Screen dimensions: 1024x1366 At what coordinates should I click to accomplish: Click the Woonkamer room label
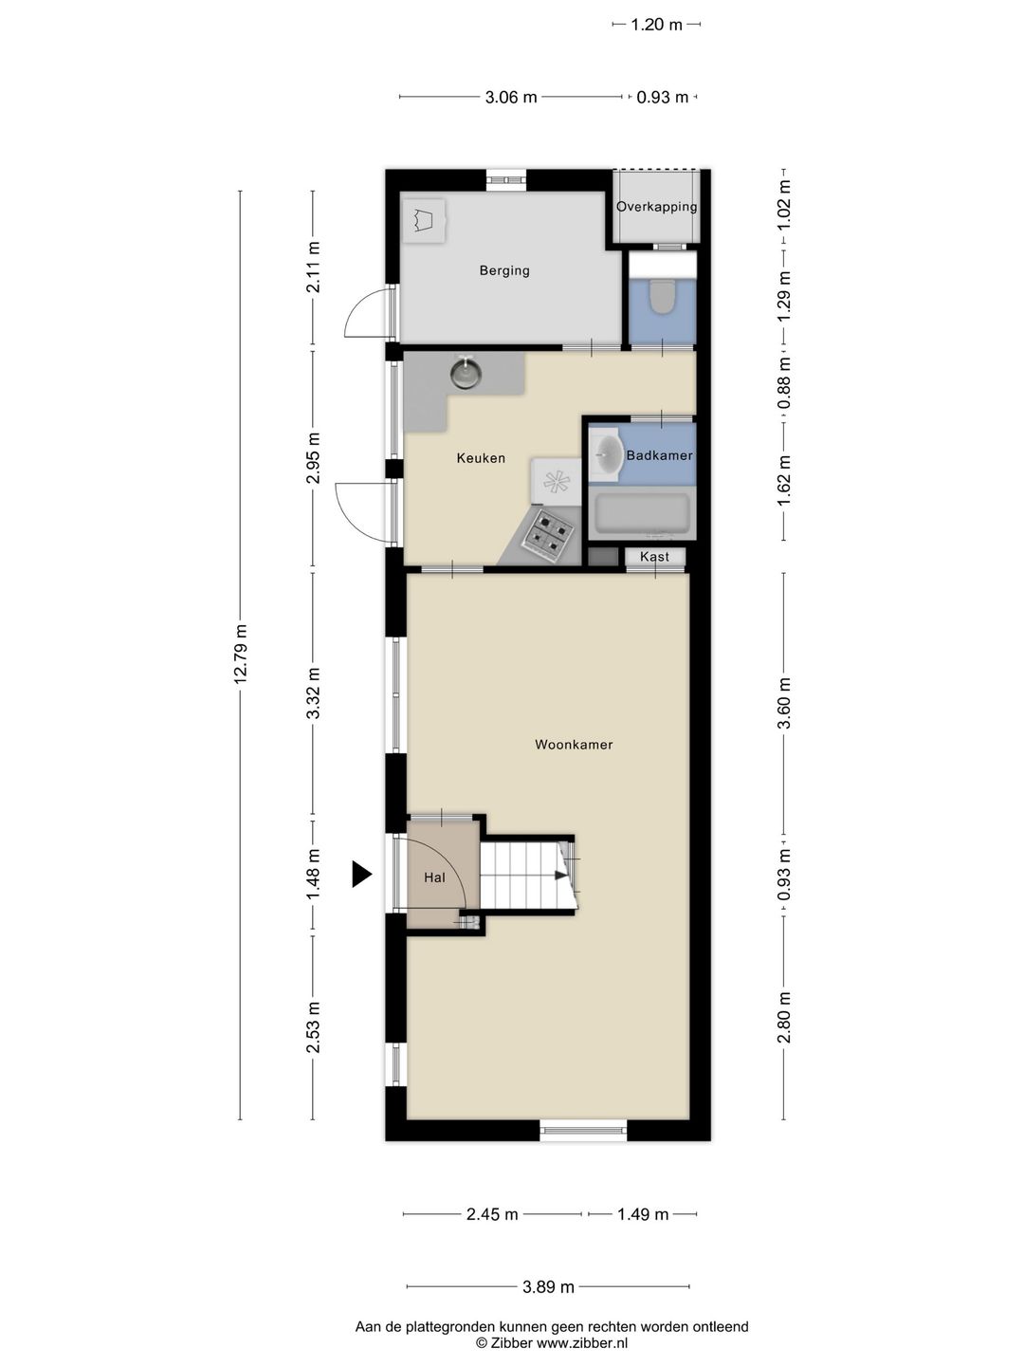point(574,745)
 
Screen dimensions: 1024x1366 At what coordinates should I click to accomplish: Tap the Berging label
point(504,270)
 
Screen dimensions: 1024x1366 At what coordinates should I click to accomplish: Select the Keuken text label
point(481,458)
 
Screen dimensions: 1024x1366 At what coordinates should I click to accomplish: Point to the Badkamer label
point(659,455)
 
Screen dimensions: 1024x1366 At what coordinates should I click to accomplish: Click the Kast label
point(654,556)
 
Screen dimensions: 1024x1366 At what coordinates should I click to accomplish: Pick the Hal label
point(434,877)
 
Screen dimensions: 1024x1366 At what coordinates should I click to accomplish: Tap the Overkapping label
point(656,207)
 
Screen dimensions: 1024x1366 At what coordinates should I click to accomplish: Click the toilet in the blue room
point(662,296)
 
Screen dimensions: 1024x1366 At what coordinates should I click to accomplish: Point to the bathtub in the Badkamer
point(642,514)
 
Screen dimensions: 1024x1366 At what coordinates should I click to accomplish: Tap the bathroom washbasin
point(605,454)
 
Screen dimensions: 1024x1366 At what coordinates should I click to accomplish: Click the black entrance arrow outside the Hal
point(361,874)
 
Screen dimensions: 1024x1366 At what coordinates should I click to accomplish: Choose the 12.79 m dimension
point(241,655)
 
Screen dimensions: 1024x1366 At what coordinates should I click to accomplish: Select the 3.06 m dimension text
point(511,97)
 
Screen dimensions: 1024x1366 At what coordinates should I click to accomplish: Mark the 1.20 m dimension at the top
point(656,25)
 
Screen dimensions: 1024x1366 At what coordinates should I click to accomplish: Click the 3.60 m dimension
point(784,703)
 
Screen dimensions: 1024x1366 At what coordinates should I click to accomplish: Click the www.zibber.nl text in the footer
point(582,1343)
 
